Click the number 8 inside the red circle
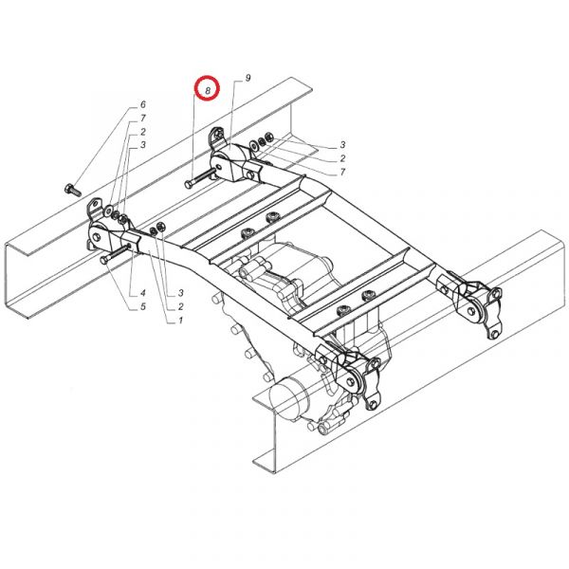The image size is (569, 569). (208, 90)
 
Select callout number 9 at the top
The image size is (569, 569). (248, 78)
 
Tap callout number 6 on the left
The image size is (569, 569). (143, 104)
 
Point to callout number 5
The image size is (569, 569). (143, 306)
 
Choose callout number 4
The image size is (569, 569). (143, 293)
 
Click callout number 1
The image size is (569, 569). (180, 321)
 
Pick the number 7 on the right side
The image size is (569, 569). (342, 172)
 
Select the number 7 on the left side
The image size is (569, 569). (143, 118)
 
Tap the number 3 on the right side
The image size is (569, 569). (342, 145)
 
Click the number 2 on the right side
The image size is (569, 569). (342, 158)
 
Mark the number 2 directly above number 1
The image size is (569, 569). (180, 306)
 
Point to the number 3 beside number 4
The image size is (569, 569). (180, 293)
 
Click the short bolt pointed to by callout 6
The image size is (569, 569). (73, 191)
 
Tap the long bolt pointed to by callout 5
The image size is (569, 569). (115, 253)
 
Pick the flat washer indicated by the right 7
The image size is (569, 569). (253, 145)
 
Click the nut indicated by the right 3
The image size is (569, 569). (269, 138)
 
